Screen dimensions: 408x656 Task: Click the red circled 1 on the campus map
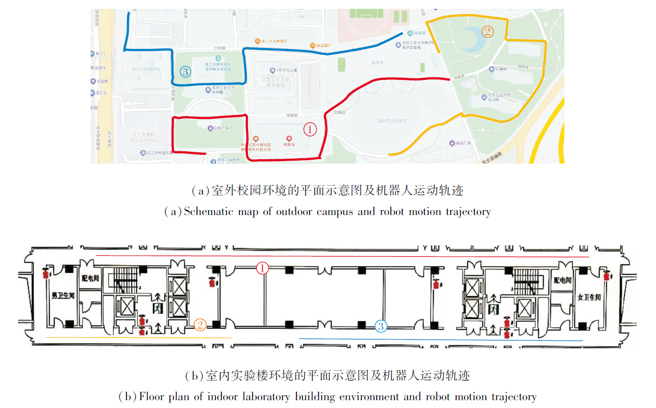click(x=311, y=129)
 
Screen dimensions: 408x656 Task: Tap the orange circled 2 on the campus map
click(x=487, y=32)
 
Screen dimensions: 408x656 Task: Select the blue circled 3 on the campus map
click(x=185, y=72)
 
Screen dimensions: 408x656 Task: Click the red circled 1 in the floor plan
click(x=263, y=268)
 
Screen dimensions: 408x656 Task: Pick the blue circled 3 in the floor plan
click(x=381, y=326)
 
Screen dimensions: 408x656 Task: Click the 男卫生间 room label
click(x=63, y=296)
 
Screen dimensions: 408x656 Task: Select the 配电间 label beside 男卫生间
click(x=91, y=277)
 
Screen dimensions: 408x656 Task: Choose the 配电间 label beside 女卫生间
click(x=563, y=280)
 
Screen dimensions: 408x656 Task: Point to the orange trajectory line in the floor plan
click(x=139, y=337)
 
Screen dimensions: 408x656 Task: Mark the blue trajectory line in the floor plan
click(x=441, y=339)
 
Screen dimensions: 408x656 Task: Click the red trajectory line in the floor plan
click(x=343, y=256)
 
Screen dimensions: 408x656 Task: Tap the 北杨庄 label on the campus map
click(x=340, y=112)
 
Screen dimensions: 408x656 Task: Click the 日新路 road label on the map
click(x=221, y=48)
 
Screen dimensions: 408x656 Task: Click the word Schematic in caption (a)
click(x=208, y=212)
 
